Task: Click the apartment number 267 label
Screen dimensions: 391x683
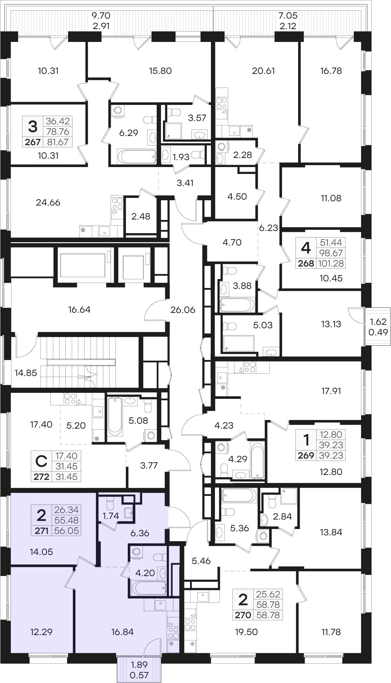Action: [33, 142]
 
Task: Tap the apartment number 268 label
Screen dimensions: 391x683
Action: [306, 263]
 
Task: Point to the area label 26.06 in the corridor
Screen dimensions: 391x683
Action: [183, 310]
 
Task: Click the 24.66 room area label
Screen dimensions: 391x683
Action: [48, 202]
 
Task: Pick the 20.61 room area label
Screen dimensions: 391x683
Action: [263, 71]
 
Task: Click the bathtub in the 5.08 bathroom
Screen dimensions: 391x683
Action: [115, 416]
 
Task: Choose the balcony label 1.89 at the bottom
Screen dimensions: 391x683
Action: [139, 664]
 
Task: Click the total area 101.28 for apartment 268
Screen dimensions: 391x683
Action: [331, 263]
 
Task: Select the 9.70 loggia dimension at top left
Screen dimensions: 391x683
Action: [101, 15]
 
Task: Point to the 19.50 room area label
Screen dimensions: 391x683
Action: [246, 632]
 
